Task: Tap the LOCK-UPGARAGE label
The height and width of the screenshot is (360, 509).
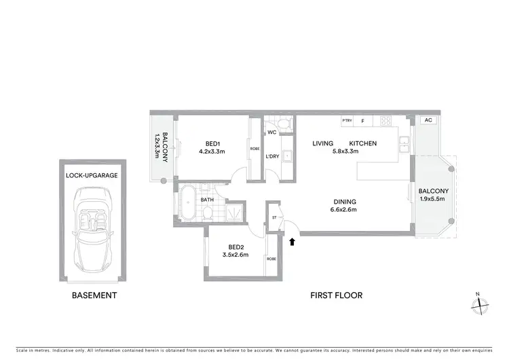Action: tap(92, 175)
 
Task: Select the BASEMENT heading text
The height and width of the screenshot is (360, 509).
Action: tap(94, 295)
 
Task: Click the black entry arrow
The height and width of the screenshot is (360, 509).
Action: tap(293, 240)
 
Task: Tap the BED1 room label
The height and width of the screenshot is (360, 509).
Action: tap(213, 143)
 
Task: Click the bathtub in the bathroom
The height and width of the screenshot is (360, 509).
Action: tap(187, 204)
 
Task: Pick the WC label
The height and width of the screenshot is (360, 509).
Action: tap(271, 132)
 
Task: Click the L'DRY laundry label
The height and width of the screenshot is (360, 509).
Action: tap(272, 157)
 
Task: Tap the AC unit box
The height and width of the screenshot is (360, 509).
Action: tap(428, 120)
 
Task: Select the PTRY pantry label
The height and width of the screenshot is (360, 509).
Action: tap(347, 121)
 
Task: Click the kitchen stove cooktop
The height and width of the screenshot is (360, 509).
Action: tap(387, 122)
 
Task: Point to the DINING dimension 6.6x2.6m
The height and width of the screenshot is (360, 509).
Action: tap(344, 209)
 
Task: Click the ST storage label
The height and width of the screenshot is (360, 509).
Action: tap(275, 219)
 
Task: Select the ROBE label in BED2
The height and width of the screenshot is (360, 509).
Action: tap(271, 259)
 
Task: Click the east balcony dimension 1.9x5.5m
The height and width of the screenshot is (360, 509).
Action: tap(432, 200)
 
